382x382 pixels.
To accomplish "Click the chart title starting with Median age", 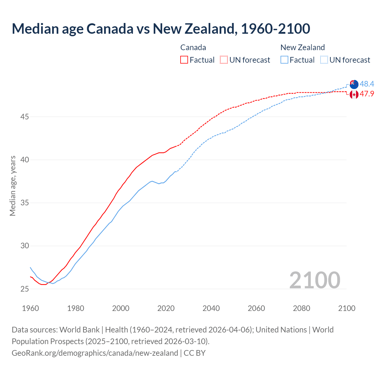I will tap(161, 29).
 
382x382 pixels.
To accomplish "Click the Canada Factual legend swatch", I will tap(184, 60).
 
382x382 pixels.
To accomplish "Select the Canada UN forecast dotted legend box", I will tap(224, 60).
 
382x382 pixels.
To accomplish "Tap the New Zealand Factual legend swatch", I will tap(284, 60).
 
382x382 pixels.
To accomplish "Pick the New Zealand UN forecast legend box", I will tap(324, 60).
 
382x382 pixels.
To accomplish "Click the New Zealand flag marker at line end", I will tap(354, 84).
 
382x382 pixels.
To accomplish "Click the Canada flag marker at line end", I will tap(354, 94).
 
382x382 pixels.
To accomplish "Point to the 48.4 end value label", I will tap(367, 84).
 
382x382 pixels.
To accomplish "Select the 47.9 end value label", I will tap(367, 94).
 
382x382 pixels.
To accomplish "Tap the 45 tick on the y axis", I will tap(24, 117).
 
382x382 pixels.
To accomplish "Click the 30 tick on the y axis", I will tap(24, 246).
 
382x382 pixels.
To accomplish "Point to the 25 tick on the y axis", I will tap(24, 289).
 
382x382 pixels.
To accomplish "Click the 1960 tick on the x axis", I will tap(30, 308).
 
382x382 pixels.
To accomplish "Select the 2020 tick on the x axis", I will tap(166, 308).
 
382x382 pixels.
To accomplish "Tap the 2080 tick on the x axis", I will tap(301, 308).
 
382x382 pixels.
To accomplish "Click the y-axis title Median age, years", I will tap(13, 186).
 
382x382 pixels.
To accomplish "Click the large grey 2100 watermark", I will tap(315, 280).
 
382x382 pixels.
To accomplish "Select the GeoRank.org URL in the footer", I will tap(95, 353).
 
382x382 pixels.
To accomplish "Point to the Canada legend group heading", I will tap(193, 47).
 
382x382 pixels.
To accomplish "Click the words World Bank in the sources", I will tap(79, 330).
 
